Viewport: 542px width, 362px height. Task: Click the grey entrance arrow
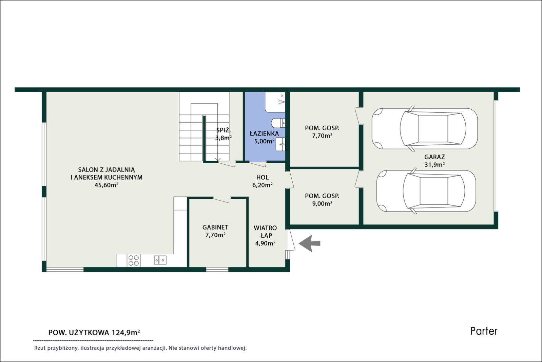tap(309, 243)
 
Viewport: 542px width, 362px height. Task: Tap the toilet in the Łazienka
tap(278, 123)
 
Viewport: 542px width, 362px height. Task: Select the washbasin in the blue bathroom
tap(280, 144)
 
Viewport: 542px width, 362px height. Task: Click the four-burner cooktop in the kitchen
tap(133, 260)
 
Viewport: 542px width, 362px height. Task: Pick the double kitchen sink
tap(160, 260)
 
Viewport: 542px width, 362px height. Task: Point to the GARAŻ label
tap(434, 157)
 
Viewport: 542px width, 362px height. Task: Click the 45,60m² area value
tap(107, 185)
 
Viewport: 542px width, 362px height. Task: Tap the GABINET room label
tap(215, 227)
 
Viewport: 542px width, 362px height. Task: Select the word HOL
tap(263, 177)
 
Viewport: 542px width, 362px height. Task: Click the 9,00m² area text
tap(322, 203)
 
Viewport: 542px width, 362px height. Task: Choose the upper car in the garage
tap(425, 128)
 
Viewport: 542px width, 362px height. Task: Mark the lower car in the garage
tap(426, 191)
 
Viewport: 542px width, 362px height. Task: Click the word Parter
tap(484, 331)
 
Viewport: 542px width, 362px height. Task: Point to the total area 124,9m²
tap(125, 333)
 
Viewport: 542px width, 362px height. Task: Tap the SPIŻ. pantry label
tap(223, 130)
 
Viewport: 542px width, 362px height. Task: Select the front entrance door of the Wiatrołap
tap(291, 240)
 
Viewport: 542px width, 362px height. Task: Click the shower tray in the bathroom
tap(275, 102)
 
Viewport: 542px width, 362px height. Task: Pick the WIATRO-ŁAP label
tap(265, 232)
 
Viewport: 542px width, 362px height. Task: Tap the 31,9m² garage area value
tap(434, 165)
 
